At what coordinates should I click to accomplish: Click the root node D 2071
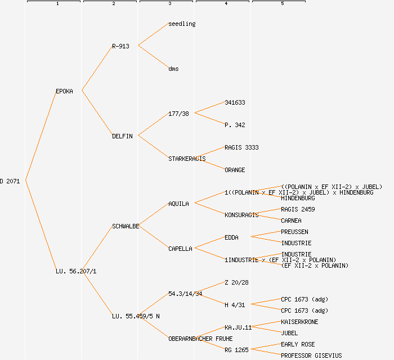click(x=10, y=181)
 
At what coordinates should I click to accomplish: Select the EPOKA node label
click(x=64, y=91)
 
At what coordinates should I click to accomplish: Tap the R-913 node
click(x=120, y=46)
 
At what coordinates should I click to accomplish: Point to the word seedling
click(x=182, y=24)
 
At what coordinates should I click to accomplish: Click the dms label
click(x=173, y=69)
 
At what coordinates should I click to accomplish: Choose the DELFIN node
click(x=122, y=136)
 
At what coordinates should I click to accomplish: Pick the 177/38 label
click(x=178, y=114)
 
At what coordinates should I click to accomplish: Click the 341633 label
click(x=235, y=102)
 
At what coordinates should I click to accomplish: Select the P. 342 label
click(x=235, y=125)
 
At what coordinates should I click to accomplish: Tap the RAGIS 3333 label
click(x=241, y=147)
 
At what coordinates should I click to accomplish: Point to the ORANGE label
click(x=235, y=170)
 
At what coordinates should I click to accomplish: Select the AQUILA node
click(x=178, y=204)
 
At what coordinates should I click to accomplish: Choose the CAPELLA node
click(x=180, y=249)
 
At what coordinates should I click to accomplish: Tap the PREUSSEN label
click(x=294, y=232)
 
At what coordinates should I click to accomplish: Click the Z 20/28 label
click(x=236, y=282)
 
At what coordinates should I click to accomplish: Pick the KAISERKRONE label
click(x=299, y=322)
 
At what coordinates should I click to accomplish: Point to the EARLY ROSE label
click(x=298, y=344)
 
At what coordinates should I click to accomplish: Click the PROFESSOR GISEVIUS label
click(x=311, y=355)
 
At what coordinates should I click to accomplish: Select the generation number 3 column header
click(x=169, y=4)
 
